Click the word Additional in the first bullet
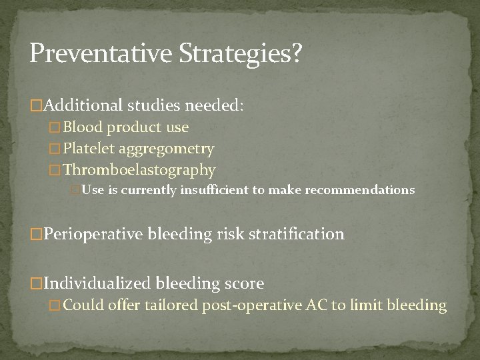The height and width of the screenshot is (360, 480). click(85, 105)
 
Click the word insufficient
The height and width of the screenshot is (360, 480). click(215, 191)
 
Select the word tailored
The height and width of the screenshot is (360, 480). click(167, 306)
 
